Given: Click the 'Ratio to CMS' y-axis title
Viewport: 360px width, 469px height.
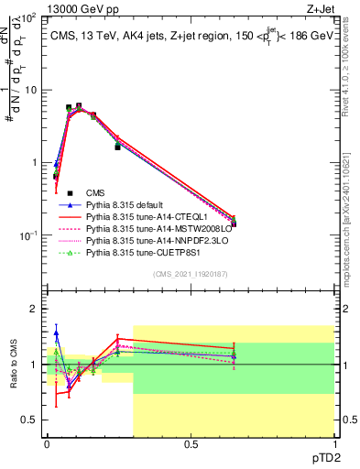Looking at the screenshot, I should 14,365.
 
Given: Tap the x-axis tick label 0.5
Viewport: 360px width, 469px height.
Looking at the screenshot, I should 191,445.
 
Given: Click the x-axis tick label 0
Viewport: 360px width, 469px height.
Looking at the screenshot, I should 47,445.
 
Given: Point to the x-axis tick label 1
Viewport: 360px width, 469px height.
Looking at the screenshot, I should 334,445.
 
